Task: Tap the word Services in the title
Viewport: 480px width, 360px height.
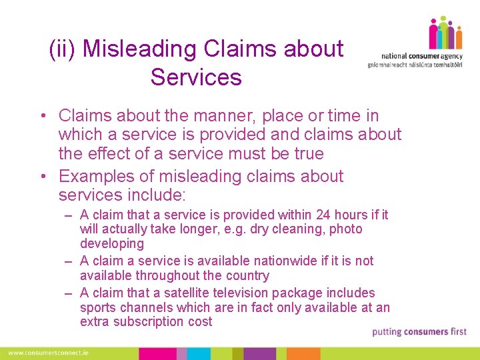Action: (x=196, y=77)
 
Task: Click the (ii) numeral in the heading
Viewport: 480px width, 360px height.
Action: (x=63, y=49)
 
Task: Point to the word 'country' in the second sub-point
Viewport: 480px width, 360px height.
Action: (x=245, y=275)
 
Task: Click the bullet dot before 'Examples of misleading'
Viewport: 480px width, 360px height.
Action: (x=41, y=177)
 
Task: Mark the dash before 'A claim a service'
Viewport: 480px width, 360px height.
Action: (x=69, y=261)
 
